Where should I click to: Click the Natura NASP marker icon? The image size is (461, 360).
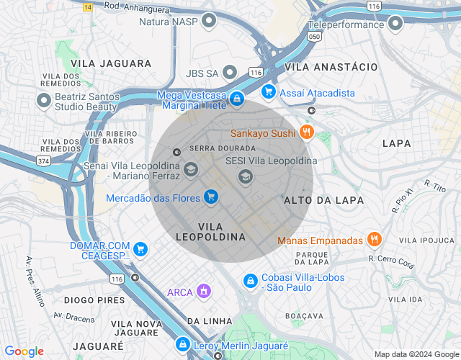[209, 21]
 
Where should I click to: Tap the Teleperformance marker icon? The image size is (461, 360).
[395, 24]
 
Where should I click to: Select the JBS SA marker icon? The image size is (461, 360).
[230, 73]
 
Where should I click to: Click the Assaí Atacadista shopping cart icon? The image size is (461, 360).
[269, 92]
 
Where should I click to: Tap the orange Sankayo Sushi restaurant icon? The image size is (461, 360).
[307, 132]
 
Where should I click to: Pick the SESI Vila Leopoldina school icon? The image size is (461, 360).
[246, 176]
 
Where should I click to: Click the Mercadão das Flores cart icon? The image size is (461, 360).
[210, 197]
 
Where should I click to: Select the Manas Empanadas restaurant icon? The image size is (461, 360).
[373, 240]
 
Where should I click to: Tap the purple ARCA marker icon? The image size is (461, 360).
[205, 292]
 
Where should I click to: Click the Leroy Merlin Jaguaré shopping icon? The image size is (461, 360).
[183, 346]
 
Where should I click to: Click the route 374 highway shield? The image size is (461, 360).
[44, 161]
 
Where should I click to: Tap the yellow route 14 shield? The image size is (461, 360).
[88, 6]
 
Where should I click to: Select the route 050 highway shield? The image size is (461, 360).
[314, 35]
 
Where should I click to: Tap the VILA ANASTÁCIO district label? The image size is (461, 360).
[331, 66]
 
